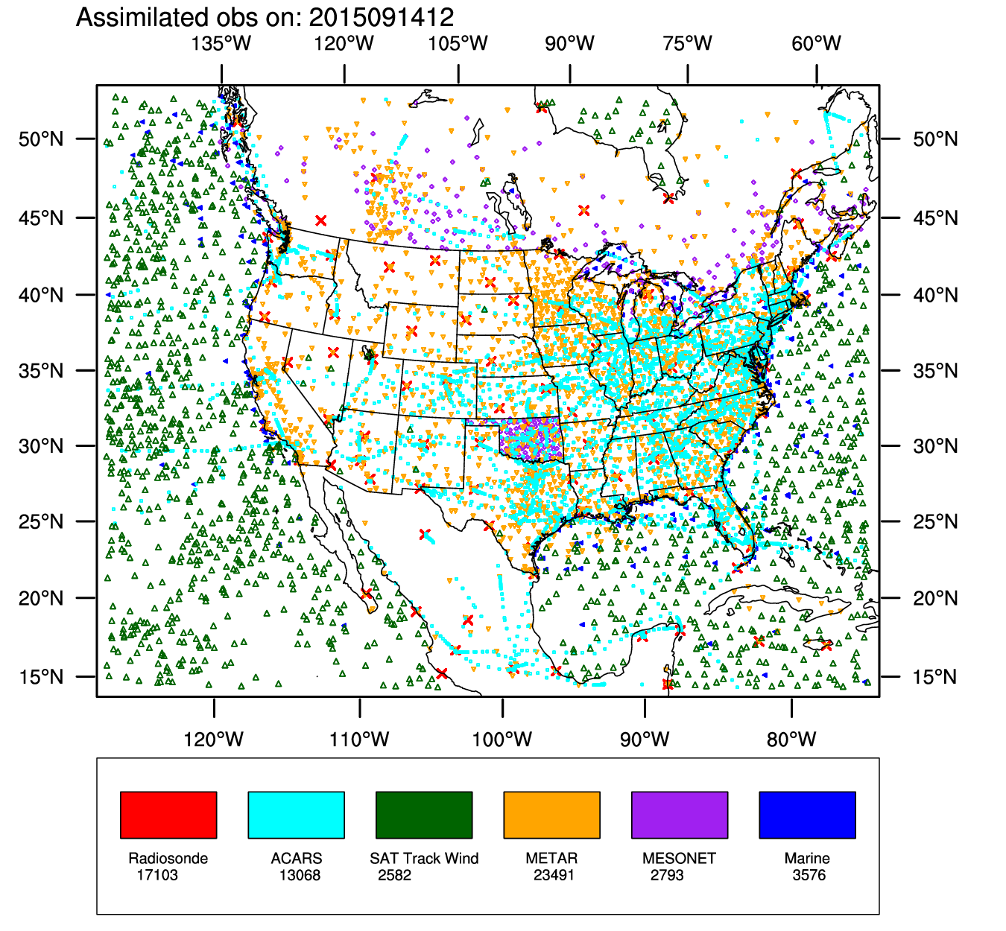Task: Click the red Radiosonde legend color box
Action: [168, 815]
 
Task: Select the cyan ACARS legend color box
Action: [296, 815]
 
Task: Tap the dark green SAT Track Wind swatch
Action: [424, 815]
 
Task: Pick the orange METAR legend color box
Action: [551, 815]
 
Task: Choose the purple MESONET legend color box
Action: [680, 815]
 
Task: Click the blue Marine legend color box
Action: [807, 815]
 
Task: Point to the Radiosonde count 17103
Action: [157, 875]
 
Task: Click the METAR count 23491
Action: [554, 875]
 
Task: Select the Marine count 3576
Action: [809, 875]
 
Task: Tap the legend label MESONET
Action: [679, 858]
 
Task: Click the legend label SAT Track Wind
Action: [424, 858]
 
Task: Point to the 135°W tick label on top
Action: [221, 43]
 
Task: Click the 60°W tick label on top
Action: [817, 43]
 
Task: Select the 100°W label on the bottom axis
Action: [502, 740]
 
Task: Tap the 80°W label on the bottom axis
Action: [791, 740]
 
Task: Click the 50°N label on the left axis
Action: [42, 139]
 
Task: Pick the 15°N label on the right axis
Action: [935, 677]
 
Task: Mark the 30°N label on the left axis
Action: [42, 446]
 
